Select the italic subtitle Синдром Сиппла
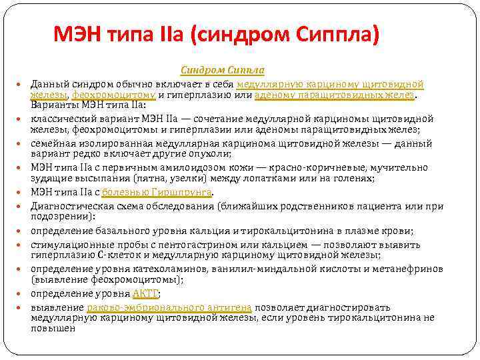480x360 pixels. tap(223, 71)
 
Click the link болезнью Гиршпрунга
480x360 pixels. tap(157, 192)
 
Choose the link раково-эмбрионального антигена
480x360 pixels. tap(169, 307)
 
